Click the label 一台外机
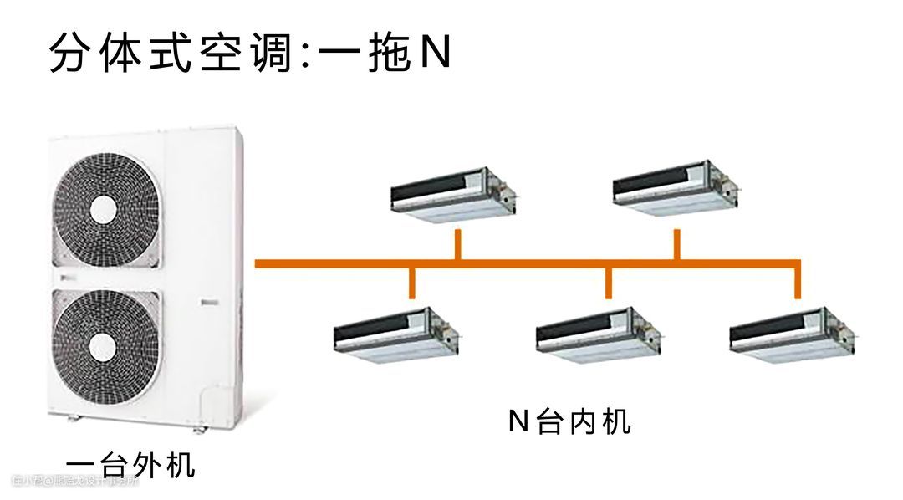131,464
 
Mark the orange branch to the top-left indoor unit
457,245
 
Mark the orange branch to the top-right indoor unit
676,245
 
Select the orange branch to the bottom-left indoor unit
411,283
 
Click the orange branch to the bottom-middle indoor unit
610,283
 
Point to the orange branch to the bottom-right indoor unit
798,283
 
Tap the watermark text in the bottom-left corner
75,481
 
